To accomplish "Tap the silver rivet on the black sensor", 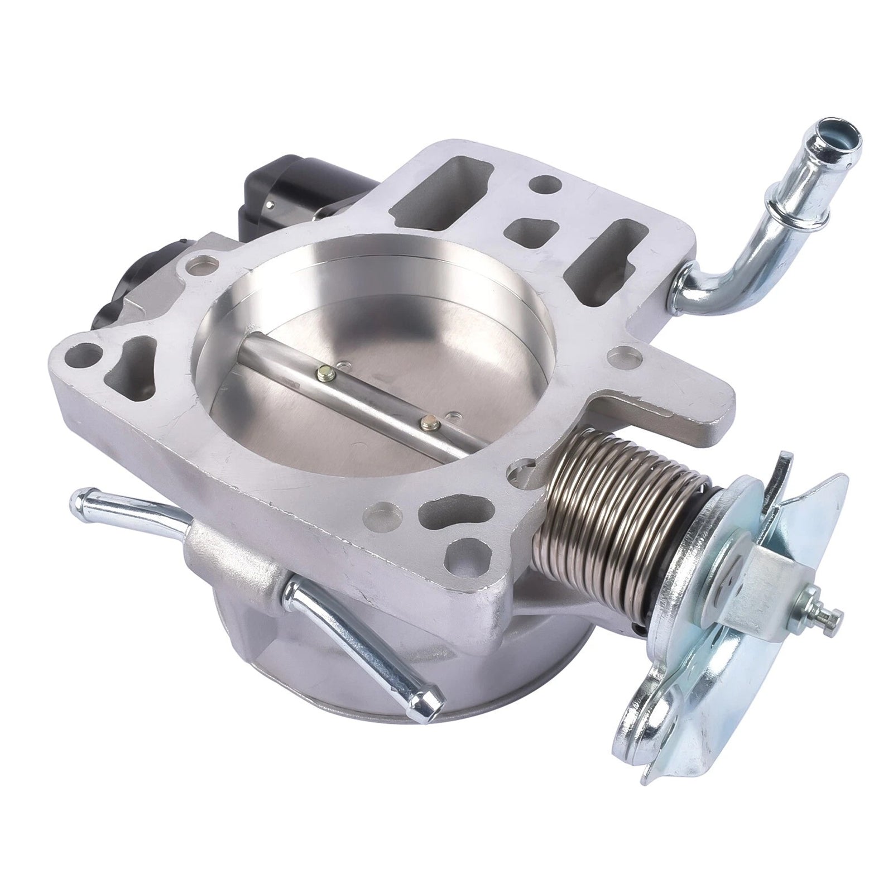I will click(272, 209).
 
